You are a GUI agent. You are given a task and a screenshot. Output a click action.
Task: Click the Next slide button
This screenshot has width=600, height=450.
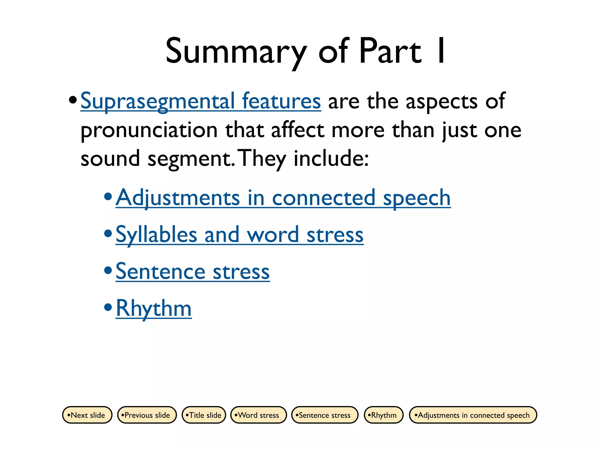click(87, 415)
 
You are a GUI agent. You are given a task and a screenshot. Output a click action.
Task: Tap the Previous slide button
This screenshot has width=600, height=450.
click(147, 415)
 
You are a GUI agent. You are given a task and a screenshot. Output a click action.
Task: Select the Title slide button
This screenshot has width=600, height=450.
click(204, 415)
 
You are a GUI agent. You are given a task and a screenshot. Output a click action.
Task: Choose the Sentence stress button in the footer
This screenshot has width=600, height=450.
click(325, 415)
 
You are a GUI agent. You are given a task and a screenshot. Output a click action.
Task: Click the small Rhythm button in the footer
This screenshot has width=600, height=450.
click(383, 415)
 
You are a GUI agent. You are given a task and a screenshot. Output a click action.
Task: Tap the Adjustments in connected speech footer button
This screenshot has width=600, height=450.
click(473, 415)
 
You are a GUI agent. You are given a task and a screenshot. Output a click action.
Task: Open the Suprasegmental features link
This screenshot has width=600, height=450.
click(201, 101)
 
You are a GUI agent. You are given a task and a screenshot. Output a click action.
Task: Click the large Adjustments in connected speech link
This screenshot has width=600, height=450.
click(283, 198)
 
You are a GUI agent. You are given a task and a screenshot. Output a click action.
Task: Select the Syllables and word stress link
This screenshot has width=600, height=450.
click(239, 235)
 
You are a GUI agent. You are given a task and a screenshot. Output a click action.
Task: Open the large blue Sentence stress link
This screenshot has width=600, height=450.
click(192, 272)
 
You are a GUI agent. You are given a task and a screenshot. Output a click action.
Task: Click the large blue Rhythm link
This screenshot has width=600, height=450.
click(154, 308)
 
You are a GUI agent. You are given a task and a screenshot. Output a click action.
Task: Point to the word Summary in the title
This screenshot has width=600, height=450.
click(236, 52)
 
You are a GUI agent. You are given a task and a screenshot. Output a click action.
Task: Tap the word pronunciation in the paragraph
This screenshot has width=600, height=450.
click(149, 130)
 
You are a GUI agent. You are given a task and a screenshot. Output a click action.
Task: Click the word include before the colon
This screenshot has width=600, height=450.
click(329, 158)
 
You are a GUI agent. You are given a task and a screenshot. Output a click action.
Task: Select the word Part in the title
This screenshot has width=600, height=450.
click(390, 51)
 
